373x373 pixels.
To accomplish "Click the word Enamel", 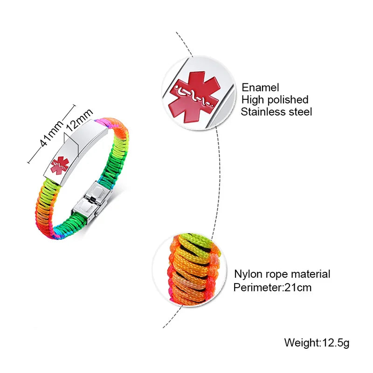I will click(260, 88).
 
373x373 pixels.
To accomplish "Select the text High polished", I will click(275, 100).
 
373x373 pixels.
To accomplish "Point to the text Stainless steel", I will click(276, 112).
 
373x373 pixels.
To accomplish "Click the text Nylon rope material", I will click(282, 274).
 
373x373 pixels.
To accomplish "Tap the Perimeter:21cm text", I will click(272, 287).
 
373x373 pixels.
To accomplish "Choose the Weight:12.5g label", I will click(317, 343).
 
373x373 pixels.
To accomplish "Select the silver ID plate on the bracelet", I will click(77, 149).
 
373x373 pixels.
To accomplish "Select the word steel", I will click(300, 112).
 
